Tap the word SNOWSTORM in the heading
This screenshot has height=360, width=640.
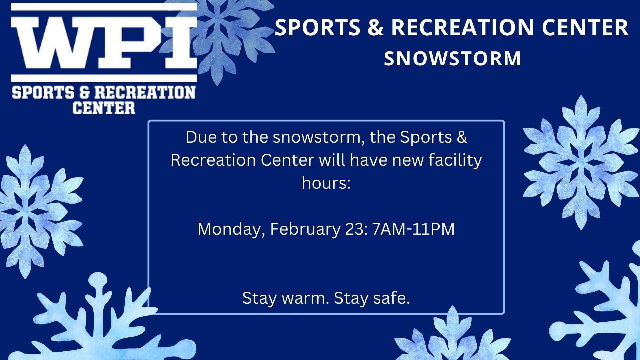pos(452,58)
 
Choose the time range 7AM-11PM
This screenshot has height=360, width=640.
pos(413,229)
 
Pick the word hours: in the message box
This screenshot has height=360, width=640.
pos(326,183)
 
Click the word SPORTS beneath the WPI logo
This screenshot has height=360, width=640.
pos(43,92)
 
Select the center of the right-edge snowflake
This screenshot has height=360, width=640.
pos(581,163)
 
